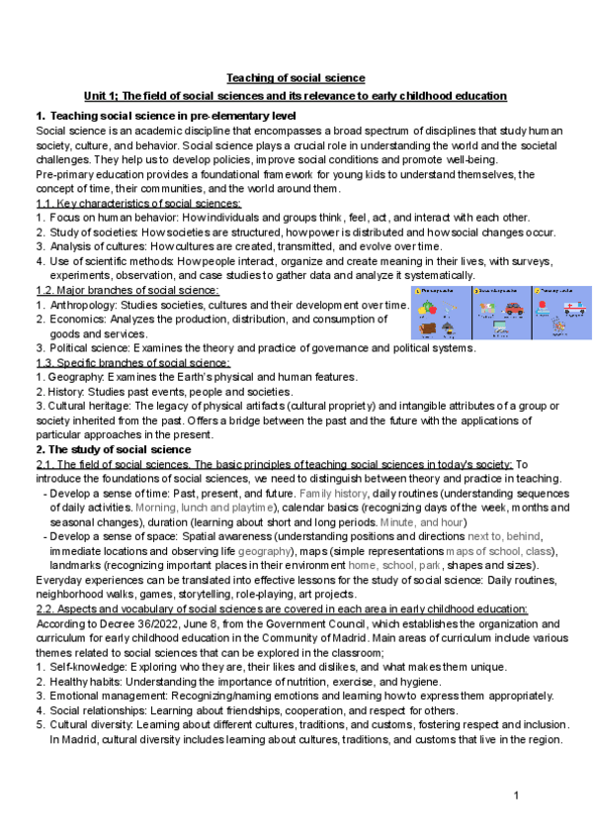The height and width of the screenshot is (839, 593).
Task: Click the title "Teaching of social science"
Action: (x=296, y=77)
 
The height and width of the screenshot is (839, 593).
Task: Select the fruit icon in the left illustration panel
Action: (x=429, y=308)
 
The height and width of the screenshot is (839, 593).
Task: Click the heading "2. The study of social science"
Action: (x=114, y=449)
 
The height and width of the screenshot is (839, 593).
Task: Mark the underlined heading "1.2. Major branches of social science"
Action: (x=127, y=289)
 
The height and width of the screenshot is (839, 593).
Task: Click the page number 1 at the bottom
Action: (x=516, y=797)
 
